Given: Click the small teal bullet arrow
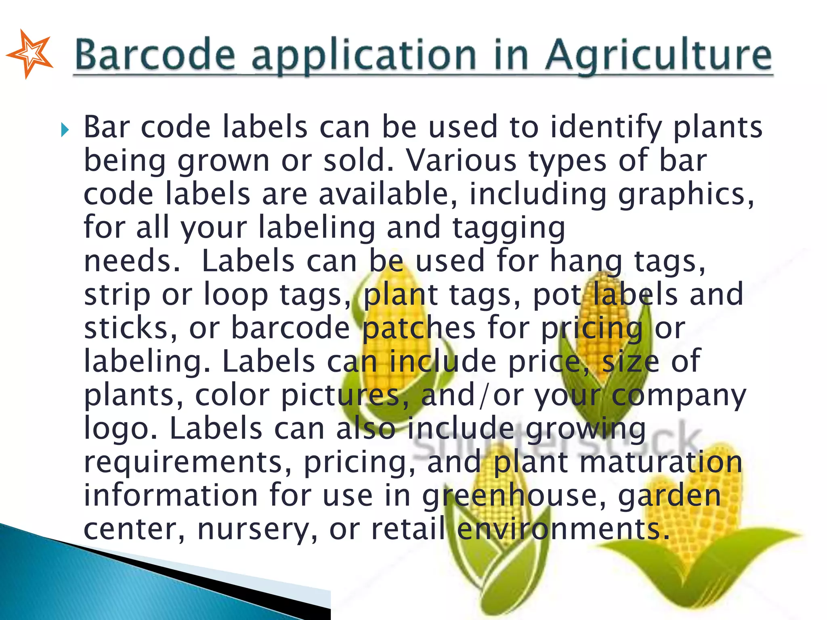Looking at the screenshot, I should coord(65,130).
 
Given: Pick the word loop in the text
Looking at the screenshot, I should coord(236,295).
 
